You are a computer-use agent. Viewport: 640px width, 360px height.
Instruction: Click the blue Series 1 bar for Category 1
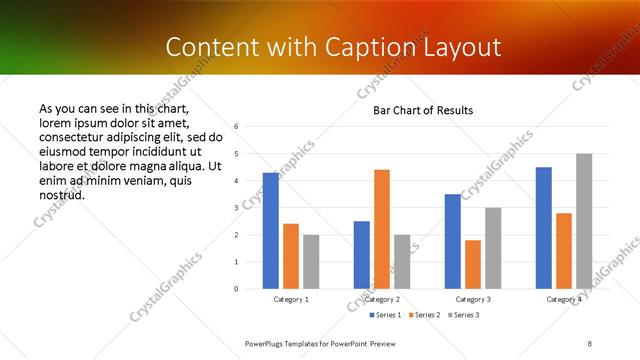click(x=271, y=231)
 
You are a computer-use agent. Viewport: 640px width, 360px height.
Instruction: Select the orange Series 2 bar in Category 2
click(x=382, y=229)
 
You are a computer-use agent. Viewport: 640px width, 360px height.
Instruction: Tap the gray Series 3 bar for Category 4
click(x=584, y=221)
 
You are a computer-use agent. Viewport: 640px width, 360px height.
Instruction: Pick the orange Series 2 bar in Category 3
click(x=473, y=264)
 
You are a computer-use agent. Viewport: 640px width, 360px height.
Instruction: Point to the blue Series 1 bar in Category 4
click(x=544, y=228)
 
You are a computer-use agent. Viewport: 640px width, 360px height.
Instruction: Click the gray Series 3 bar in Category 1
click(x=311, y=262)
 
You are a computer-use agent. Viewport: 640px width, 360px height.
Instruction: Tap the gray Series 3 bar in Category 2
click(x=402, y=262)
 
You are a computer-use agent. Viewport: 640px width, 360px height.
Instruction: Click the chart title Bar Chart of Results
click(x=423, y=110)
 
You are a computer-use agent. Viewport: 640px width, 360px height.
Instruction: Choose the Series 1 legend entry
click(x=387, y=315)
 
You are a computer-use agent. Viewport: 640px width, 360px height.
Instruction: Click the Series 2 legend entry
click(x=424, y=315)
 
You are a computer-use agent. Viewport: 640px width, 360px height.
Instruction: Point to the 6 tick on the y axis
click(x=236, y=126)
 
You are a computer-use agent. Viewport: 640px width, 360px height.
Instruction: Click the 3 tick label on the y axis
click(x=236, y=208)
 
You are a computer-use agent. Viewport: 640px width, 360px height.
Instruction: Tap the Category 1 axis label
click(x=291, y=299)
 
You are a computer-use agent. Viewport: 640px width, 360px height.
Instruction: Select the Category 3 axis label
click(x=473, y=299)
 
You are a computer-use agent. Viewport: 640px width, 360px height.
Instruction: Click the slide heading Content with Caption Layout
click(x=333, y=47)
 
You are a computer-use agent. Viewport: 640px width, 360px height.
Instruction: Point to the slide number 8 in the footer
click(x=590, y=343)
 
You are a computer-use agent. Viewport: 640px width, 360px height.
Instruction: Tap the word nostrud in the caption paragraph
click(x=62, y=194)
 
